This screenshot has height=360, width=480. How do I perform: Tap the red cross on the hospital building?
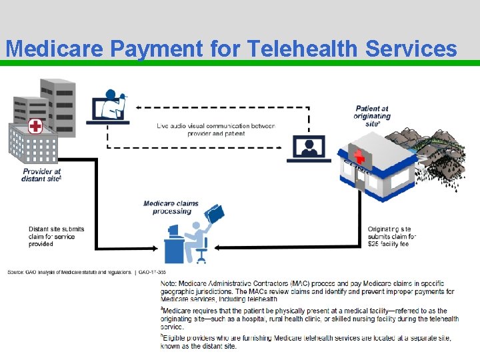tap(35, 126)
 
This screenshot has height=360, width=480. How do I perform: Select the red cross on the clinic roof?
tap(360, 157)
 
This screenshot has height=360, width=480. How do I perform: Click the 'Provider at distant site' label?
tap(41, 175)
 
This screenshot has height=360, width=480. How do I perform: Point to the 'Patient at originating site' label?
tap(372, 116)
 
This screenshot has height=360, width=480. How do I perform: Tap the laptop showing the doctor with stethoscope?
tap(111, 107)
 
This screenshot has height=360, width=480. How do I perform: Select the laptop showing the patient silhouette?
tap(309, 149)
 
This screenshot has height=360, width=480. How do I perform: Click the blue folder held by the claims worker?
tap(215, 213)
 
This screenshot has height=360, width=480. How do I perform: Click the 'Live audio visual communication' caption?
tap(216, 129)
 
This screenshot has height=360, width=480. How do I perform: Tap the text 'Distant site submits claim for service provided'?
tap(57, 237)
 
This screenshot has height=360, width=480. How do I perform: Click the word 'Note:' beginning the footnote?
tap(169, 283)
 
